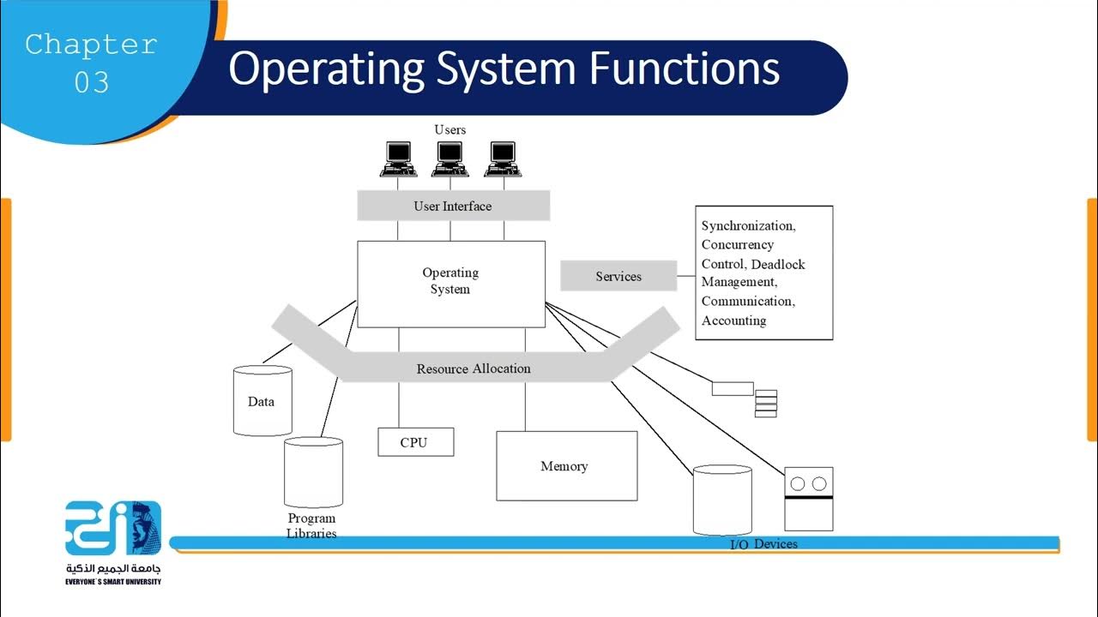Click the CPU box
(x=415, y=442)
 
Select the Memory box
(x=566, y=466)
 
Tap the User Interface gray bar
(x=453, y=207)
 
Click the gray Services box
(x=618, y=276)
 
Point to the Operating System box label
(x=450, y=281)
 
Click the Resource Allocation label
(x=474, y=368)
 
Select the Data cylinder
(x=262, y=401)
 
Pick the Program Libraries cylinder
(x=313, y=473)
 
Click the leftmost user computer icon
(x=398, y=159)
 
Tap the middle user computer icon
(x=450, y=159)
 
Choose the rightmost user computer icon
(x=504, y=159)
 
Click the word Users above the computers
(x=449, y=129)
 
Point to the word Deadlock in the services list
(x=777, y=264)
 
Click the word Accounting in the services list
(x=733, y=320)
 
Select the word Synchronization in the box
(x=747, y=226)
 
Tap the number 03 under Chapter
(x=92, y=82)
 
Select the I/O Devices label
(x=763, y=544)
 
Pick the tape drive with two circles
(x=808, y=499)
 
